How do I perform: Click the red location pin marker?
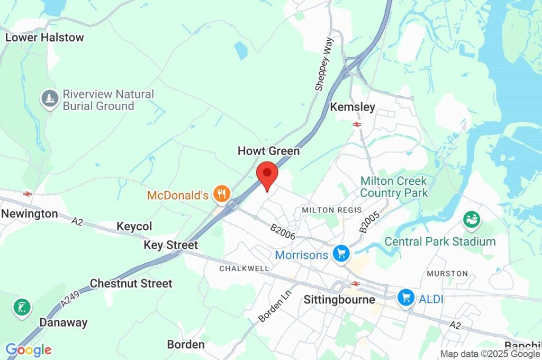[x=267, y=174]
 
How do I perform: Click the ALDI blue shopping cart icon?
[x=406, y=297]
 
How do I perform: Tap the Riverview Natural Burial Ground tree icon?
[x=50, y=99]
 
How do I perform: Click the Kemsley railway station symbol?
[x=357, y=124]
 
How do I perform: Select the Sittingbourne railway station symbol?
[x=355, y=284]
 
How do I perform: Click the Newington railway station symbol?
[x=28, y=194]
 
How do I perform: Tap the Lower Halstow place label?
[x=44, y=38]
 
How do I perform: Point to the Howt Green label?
[x=268, y=151]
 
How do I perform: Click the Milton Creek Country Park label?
[x=394, y=187]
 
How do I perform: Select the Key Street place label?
[x=170, y=245]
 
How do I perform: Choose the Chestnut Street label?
[x=131, y=284]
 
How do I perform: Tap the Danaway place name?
[x=64, y=322]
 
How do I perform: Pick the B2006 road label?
[x=282, y=232]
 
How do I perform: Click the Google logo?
[x=29, y=350]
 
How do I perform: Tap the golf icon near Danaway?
[x=22, y=308]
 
